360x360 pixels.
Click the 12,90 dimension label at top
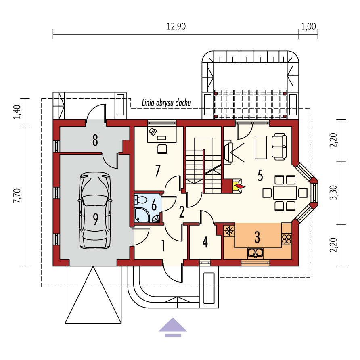pyautogui.click(x=176, y=27)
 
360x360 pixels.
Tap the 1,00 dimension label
pyautogui.click(x=309, y=27)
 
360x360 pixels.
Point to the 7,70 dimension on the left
pyautogui.click(x=17, y=196)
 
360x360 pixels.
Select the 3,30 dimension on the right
pyautogui.click(x=333, y=193)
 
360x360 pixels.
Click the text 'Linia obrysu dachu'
pyautogui.click(x=166, y=103)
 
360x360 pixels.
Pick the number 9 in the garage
pyautogui.click(x=96, y=219)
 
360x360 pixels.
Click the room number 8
pyautogui.click(x=95, y=140)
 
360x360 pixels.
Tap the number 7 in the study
pyautogui.click(x=157, y=171)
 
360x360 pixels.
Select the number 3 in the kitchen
pyautogui.click(x=257, y=237)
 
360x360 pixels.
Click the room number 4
pyautogui.click(x=205, y=242)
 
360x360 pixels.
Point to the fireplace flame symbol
pyautogui.click(x=239, y=186)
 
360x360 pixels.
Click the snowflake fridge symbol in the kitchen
pyautogui.click(x=229, y=231)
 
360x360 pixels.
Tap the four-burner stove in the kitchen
pyautogui.click(x=287, y=239)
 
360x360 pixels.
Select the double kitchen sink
pyautogui.click(x=255, y=253)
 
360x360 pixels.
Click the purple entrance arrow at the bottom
pyautogui.click(x=173, y=327)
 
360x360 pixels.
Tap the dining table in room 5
pyautogui.click(x=285, y=193)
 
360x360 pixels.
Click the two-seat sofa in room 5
pyautogui.click(x=279, y=147)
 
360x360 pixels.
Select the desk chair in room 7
pyautogui.click(x=162, y=149)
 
